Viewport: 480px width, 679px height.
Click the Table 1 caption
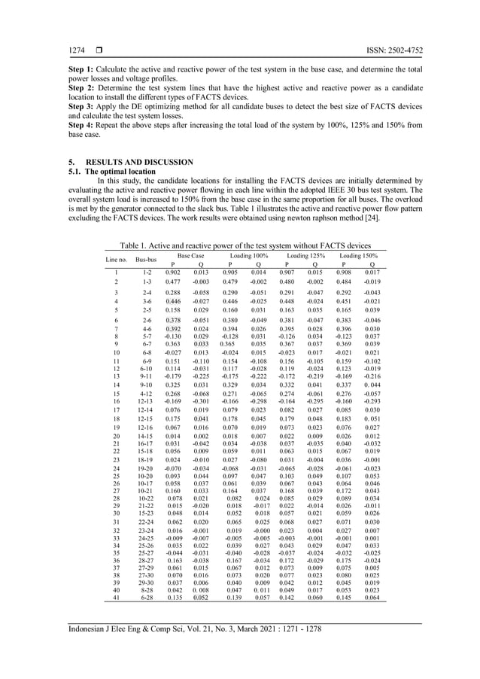click(x=241, y=245)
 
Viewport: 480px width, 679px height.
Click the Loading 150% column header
click(x=358, y=256)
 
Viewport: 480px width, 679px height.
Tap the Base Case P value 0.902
click(x=172, y=272)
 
